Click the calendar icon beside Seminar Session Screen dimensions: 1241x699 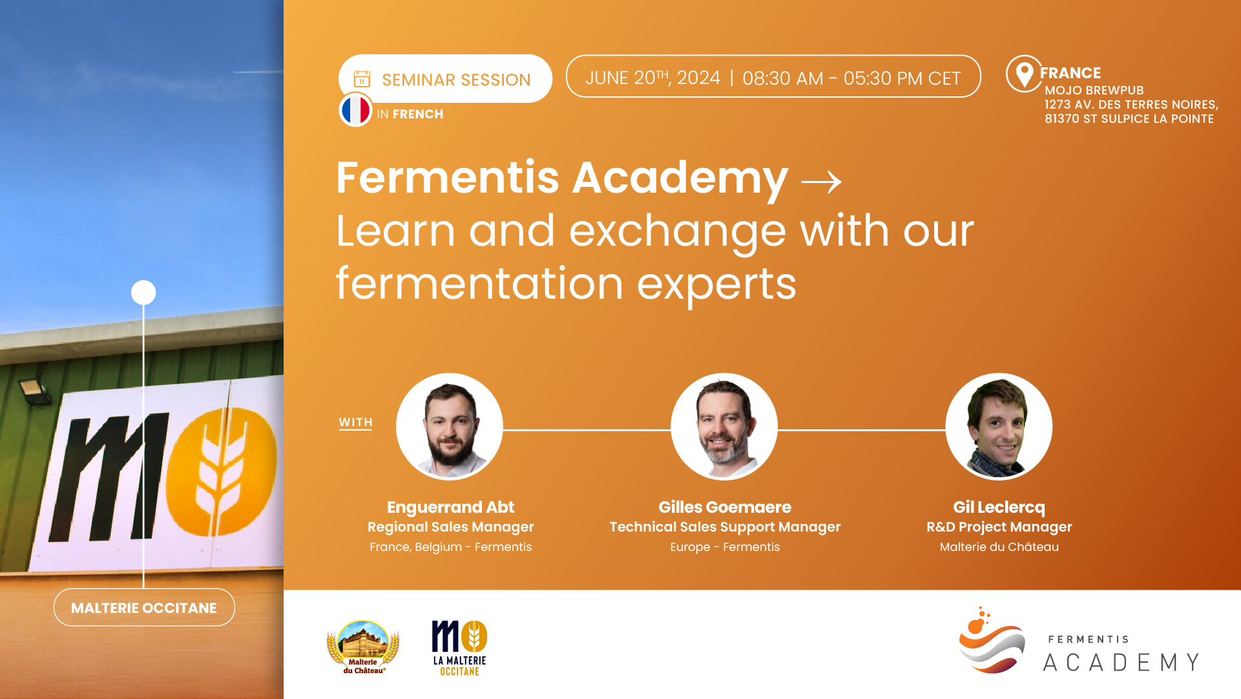coord(362,79)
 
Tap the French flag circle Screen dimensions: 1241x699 coord(355,110)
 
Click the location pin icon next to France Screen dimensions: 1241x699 coord(1024,74)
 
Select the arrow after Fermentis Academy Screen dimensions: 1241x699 coord(821,182)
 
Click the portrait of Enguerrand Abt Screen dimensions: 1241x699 coord(450,427)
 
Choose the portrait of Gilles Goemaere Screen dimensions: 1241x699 coord(724,427)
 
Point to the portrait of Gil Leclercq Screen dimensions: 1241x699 coord(999,427)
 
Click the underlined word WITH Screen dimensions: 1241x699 coord(355,422)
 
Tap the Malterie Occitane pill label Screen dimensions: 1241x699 coord(144,607)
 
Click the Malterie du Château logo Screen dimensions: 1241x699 coord(363,647)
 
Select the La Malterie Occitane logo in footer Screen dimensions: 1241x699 coord(459,648)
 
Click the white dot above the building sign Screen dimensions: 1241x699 coord(143,292)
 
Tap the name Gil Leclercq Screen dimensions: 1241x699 coord(999,507)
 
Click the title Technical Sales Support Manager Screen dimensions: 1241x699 coord(725,527)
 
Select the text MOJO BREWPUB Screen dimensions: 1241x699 coord(1094,91)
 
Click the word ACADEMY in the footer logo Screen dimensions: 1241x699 coord(1121,663)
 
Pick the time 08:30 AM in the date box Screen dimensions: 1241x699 coord(783,78)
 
